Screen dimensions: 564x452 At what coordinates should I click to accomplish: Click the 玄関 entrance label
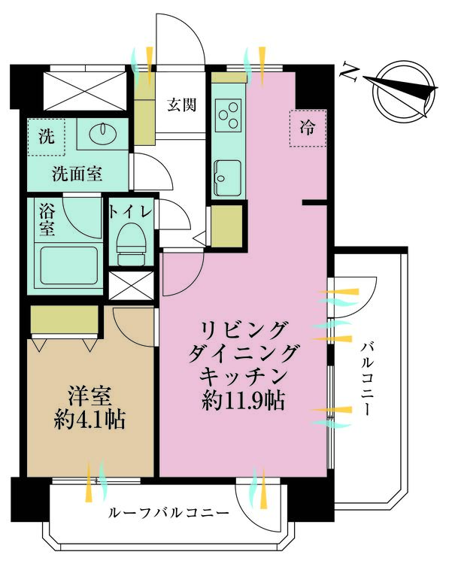point(181,105)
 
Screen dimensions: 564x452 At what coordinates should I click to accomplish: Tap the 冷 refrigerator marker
point(308,129)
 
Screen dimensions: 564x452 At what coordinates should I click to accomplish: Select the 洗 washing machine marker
point(47,138)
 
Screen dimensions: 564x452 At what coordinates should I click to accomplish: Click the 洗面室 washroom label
point(77,174)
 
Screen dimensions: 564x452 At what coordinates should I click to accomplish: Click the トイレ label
point(131,211)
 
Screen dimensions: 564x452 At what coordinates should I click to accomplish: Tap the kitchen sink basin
point(227,179)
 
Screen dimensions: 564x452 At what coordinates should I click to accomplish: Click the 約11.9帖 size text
point(243,401)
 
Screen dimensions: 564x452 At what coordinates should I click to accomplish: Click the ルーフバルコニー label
point(168,513)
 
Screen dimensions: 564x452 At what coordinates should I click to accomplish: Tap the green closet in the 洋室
point(65,319)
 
